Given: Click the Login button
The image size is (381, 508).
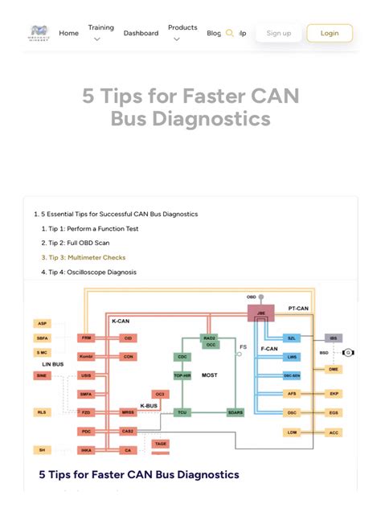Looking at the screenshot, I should click(330, 33).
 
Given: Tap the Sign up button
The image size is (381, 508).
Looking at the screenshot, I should click(279, 33).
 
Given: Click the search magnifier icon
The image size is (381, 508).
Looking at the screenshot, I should click(230, 33).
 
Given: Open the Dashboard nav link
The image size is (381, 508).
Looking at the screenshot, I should click(141, 33).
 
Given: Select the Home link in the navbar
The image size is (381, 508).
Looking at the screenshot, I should click(69, 33).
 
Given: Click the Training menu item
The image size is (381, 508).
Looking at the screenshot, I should click(100, 28).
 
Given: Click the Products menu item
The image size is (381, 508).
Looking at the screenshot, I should click(182, 28).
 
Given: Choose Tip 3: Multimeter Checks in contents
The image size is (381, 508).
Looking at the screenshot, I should click(84, 258).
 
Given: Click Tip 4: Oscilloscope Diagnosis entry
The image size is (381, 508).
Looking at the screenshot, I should click(88, 272).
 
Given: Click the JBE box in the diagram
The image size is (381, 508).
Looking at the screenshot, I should click(261, 313).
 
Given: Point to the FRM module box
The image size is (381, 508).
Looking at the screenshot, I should click(87, 338).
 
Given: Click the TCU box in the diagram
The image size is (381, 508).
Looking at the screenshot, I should click(182, 412).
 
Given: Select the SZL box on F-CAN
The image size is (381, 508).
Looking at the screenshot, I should click(293, 338).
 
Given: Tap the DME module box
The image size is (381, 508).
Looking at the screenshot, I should click(333, 369).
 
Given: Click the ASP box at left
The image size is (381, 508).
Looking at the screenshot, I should click(42, 323).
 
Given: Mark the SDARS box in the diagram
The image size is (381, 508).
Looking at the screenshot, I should click(235, 412).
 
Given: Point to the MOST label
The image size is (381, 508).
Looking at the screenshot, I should click(209, 375).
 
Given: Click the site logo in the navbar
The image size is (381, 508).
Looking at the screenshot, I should click(39, 33).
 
